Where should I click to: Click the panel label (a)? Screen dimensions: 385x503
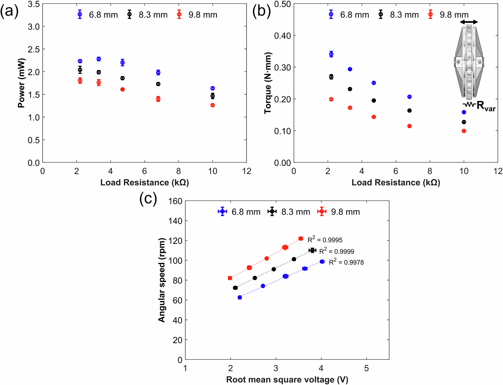click(x=9, y=12)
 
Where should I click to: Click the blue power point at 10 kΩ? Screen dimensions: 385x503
click(x=212, y=88)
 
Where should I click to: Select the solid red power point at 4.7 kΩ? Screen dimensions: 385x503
click(x=122, y=89)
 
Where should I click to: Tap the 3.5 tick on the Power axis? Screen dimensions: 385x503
click(x=33, y=4)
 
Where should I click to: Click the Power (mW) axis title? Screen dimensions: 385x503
click(x=21, y=83)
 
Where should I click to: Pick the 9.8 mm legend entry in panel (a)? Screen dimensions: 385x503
click(x=198, y=15)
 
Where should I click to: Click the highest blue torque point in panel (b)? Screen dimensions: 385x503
click(x=331, y=54)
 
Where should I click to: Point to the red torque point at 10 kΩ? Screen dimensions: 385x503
click(x=464, y=131)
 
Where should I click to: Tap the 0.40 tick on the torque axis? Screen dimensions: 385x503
click(x=283, y=36)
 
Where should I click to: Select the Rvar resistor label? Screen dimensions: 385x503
click(x=486, y=106)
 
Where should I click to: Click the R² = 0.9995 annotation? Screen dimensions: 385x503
click(x=325, y=240)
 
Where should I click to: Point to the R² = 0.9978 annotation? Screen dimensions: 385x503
click(x=346, y=262)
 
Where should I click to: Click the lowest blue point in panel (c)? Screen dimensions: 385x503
click(x=239, y=298)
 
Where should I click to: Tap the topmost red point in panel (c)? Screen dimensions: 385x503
click(x=301, y=239)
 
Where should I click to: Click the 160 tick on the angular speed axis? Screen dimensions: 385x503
click(x=175, y=201)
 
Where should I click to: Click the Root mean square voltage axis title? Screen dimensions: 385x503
click(x=287, y=380)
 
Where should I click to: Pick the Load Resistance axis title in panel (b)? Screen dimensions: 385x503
click(x=396, y=183)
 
